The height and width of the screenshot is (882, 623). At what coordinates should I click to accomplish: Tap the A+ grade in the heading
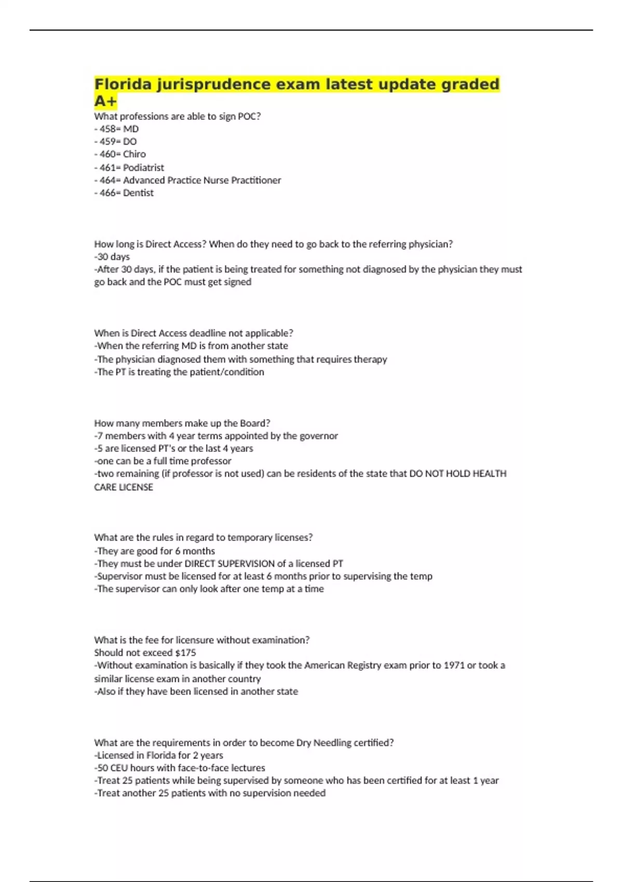[x=105, y=101]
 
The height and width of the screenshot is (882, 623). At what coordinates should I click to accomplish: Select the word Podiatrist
[x=143, y=168]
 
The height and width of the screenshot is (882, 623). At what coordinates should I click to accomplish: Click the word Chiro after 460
[x=134, y=154]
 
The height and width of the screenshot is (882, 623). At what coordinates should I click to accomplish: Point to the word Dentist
[x=138, y=193]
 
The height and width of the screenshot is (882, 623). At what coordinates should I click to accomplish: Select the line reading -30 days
[x=112, y=257]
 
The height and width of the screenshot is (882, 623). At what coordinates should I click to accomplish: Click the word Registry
[x=364, y=665]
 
